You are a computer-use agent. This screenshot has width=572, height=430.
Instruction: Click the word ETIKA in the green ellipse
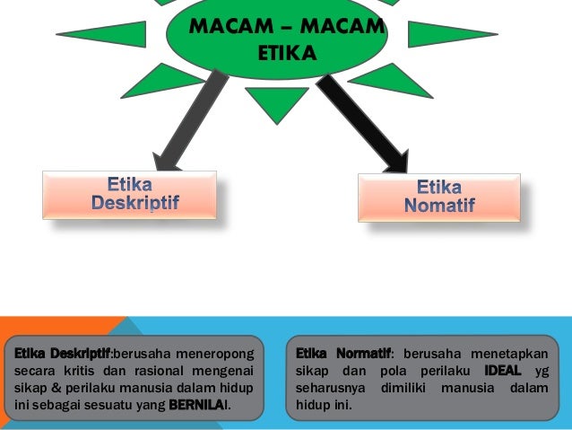coord(287,56)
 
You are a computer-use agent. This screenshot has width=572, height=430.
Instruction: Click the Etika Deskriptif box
coord(130,195)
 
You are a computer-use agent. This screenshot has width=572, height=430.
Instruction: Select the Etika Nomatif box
coord(439,197)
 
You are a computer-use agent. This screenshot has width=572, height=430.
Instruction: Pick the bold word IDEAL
coord(502,370)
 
